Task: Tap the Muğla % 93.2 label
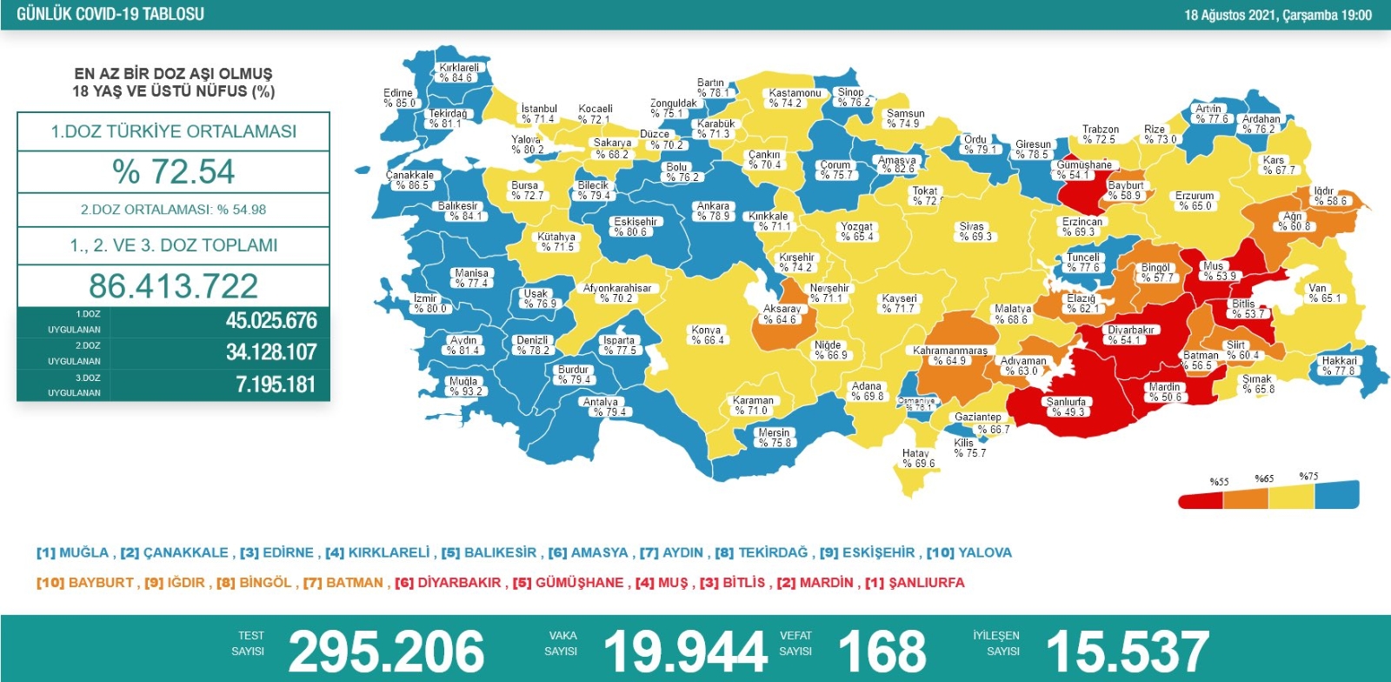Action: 465,386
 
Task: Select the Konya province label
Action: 707,335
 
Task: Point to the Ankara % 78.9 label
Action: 713,211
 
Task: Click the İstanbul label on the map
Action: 538,114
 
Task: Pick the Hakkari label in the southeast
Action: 1339,365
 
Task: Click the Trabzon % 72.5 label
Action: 1100,134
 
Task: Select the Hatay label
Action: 917,458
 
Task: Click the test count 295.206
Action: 386,651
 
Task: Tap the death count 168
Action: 882,651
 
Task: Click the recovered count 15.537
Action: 1127,651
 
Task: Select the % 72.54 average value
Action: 174,171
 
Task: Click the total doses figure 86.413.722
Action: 174,285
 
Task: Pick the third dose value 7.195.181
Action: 275,384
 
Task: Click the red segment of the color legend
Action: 1201,500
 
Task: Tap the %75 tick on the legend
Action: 1308,477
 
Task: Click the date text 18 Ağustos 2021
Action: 1234,15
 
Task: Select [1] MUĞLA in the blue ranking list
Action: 73,552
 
